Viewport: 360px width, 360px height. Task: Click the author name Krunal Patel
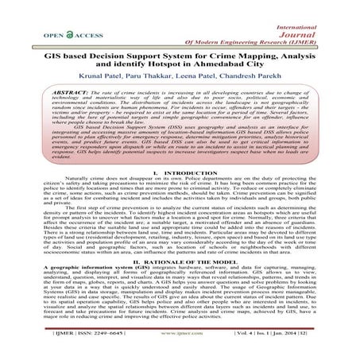coord(103,77)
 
